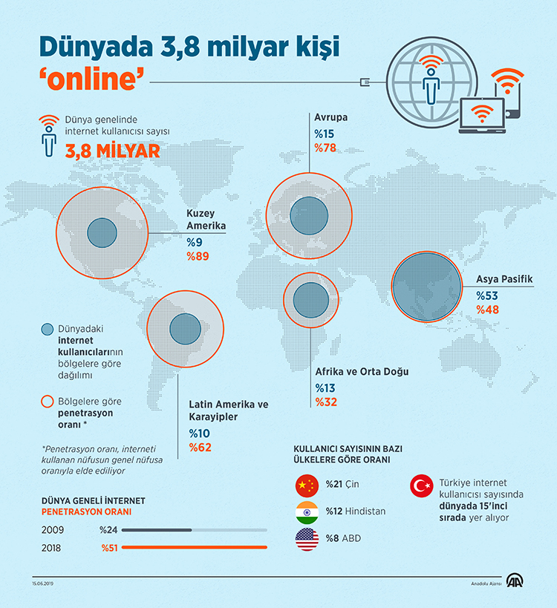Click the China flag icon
(306, 486)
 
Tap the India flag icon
(306, 512)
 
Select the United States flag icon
(306, 538)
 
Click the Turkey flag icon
(421, 486)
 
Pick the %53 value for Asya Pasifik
(487, 295)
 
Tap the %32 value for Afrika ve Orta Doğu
(326, 402)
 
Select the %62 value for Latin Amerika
(200, 447)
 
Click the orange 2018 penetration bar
(194, 548)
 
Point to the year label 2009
(53, 530)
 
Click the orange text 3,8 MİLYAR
(112, 150)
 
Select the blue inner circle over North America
(102, 232)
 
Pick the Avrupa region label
(330, 118)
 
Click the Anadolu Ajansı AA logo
(515, 581)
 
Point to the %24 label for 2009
(108, 530)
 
